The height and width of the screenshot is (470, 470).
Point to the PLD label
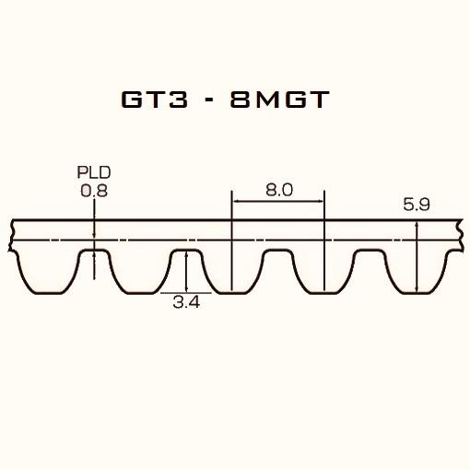(93, 172)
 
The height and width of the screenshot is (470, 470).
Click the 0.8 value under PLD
(93, 191)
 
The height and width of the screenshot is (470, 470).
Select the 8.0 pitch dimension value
(278, 190)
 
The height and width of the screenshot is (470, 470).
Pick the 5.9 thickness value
(417, 206)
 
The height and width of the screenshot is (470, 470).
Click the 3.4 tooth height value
(187, 301)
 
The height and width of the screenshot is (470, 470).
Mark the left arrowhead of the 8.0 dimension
(236, 200)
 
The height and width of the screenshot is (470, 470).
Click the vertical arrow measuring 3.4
(187, 272)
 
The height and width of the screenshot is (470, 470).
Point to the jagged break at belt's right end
(460, 235)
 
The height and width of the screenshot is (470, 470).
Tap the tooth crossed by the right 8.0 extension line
(323, 272)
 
